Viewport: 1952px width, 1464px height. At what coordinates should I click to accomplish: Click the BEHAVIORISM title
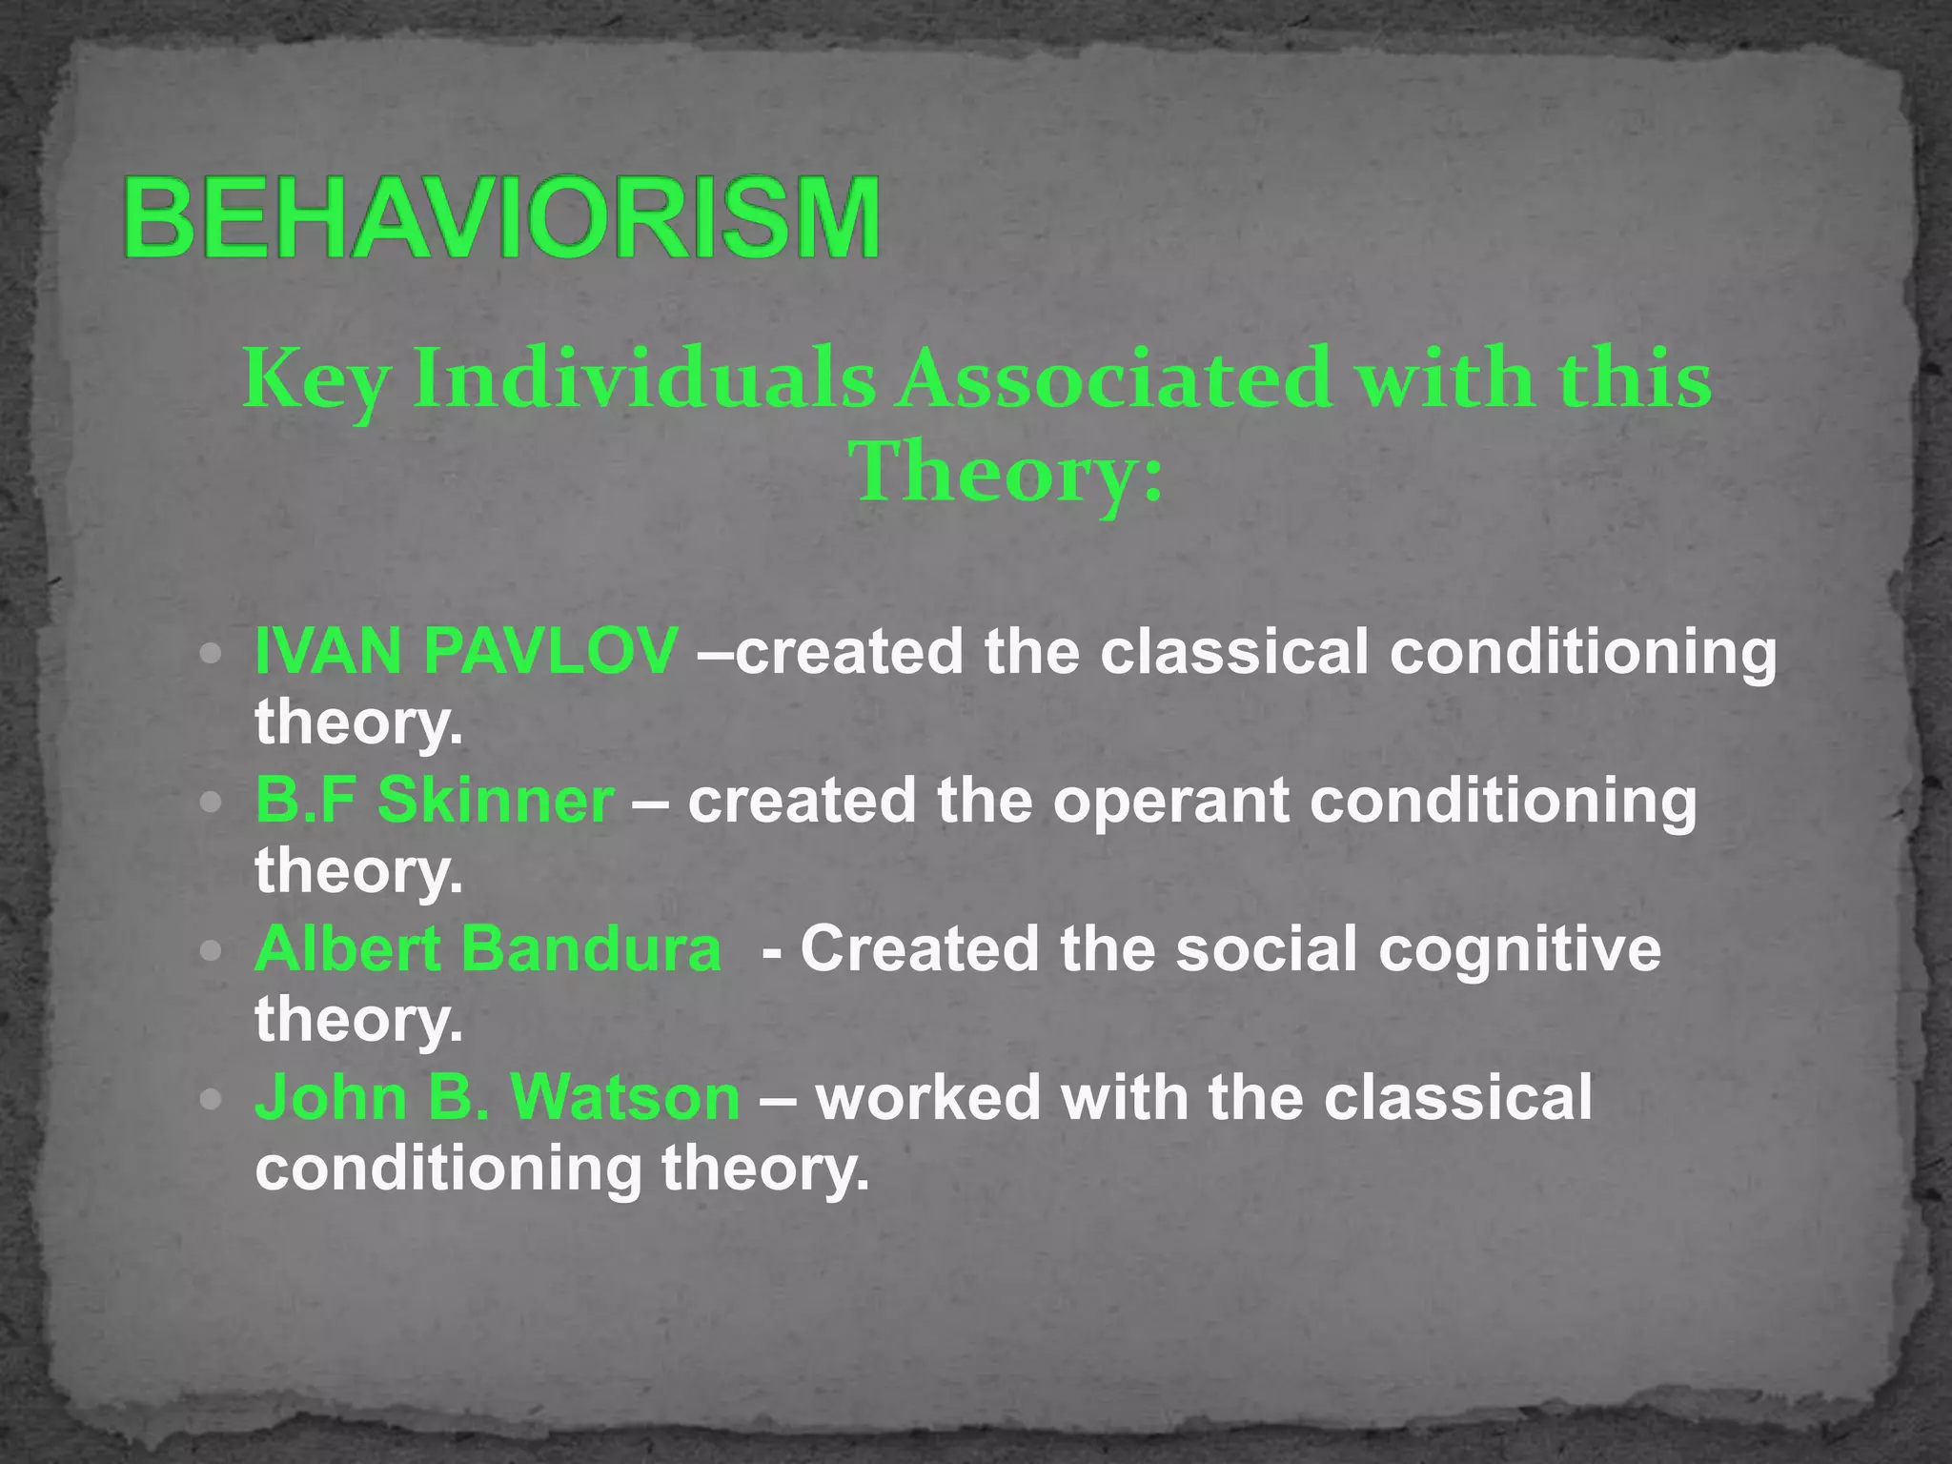coord(502,218)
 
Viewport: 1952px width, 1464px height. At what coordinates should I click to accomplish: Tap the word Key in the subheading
coord(315,379)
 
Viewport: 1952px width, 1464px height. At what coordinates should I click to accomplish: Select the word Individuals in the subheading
coord(644,379)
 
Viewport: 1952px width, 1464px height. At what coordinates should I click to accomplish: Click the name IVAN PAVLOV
coord(466,652)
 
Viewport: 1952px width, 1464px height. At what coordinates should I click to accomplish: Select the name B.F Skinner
coord(435,801)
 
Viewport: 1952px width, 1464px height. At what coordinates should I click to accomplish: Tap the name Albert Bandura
coord(488,949)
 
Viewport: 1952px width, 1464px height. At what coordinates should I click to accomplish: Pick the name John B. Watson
coord(497,1098)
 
